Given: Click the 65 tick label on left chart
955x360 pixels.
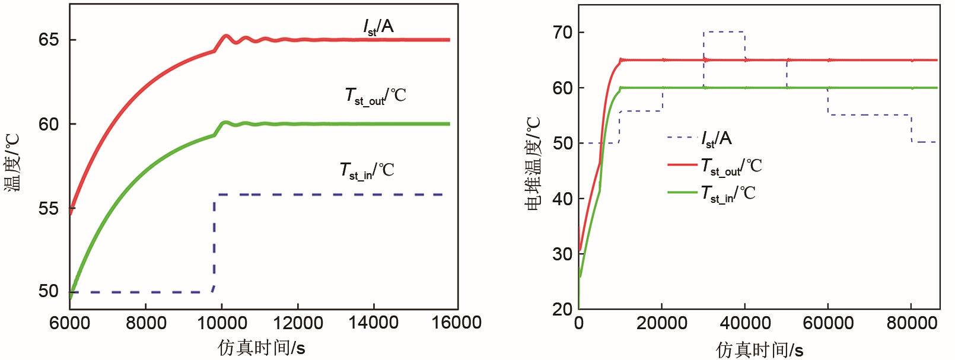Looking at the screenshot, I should point(49,40).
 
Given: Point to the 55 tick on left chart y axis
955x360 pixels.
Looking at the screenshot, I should point(49,208).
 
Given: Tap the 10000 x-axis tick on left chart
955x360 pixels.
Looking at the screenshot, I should point(221,323).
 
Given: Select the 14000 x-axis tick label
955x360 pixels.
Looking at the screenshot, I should point(373,323).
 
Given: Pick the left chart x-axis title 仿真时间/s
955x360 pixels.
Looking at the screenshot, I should point(261,348).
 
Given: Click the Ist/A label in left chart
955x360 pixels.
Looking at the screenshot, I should point(378,27).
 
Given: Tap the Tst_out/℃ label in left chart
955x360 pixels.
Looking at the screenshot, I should point(375,95).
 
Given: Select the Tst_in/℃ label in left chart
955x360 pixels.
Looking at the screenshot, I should point(367,171).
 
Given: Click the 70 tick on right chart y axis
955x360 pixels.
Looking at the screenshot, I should point(562,32).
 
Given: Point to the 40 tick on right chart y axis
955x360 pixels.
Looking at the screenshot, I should point(562,198).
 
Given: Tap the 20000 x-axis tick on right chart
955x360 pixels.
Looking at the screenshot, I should point(661,323).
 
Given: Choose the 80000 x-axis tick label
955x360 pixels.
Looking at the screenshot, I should point(911,323).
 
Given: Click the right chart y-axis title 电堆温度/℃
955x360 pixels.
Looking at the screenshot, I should point(533,163).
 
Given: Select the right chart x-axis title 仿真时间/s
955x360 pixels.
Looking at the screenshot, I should point(759,350).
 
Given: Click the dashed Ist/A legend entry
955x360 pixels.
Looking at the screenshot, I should point(700,139).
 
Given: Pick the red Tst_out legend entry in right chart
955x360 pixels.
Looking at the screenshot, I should point(715,165).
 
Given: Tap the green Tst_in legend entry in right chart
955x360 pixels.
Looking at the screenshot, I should point(712,193).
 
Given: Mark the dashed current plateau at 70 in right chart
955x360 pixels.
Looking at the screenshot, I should point(724,32).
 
